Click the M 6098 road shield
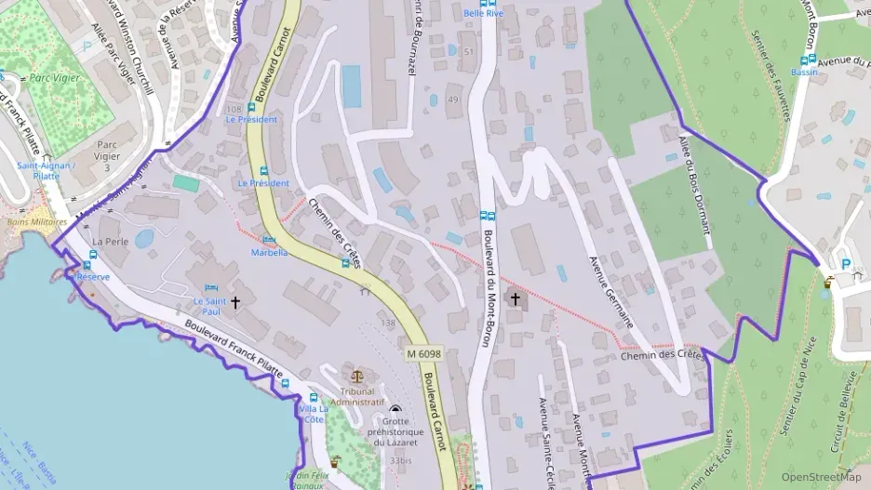(x=424, y=354)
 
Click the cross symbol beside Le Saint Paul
(x=235, y=302)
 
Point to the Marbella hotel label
(x=269, y=252)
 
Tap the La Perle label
(x=110, y=241)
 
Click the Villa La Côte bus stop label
(x=313, y=414)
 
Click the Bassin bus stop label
(x=805, y=72)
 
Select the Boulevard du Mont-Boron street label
(x=486, y=288)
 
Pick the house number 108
(x=233, y=110)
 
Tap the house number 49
(x=453, y=99)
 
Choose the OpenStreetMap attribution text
(x=821, y=477)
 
